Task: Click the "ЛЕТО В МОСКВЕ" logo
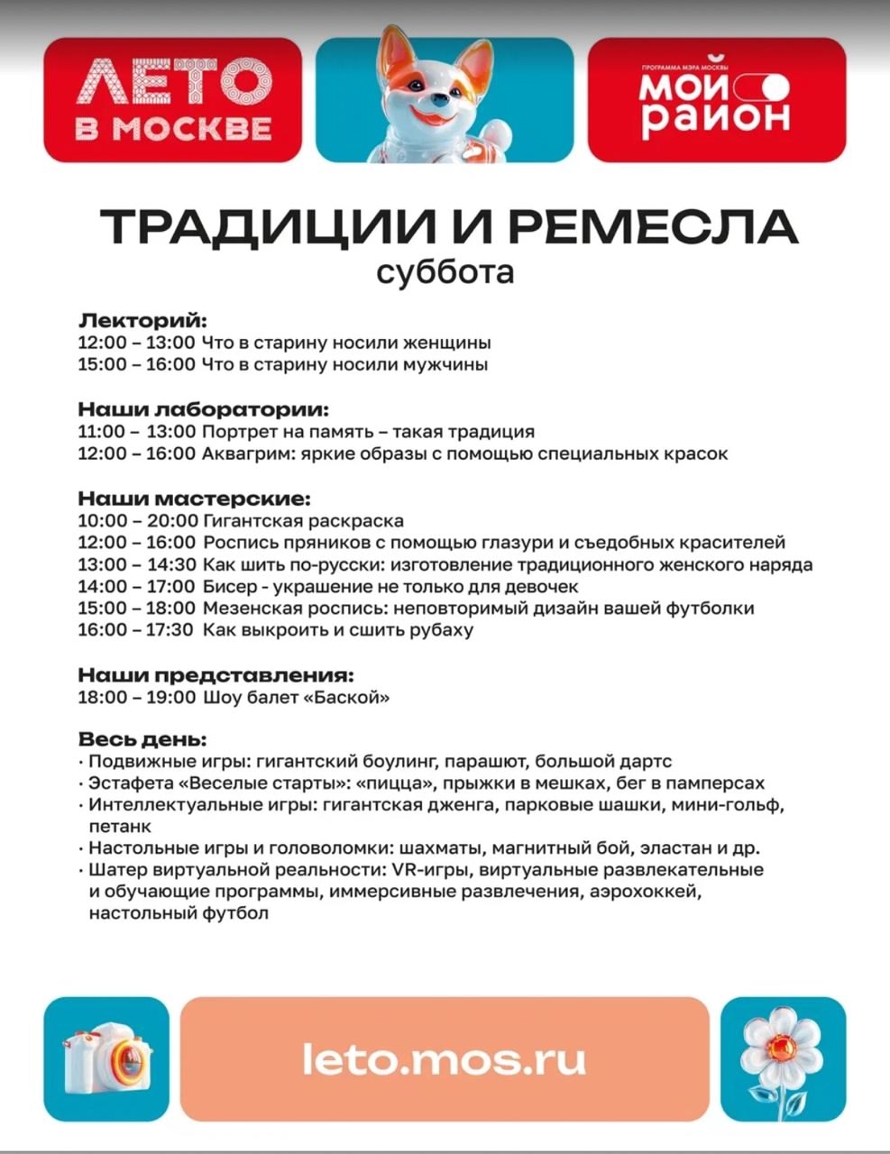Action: (x=172, y=99)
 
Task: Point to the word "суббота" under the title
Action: (x=445, y=271)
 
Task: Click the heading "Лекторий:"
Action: (x=142, y=321)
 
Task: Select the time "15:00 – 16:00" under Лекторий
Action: (x=136, y=365)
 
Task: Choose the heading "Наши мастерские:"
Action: (x=193, y=499)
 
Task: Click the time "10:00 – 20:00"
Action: (x=137, y=521)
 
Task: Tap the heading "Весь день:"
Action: (x=142, y=739)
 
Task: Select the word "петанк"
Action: (x=120, y=827)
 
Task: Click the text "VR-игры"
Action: (x=427, y=870)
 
